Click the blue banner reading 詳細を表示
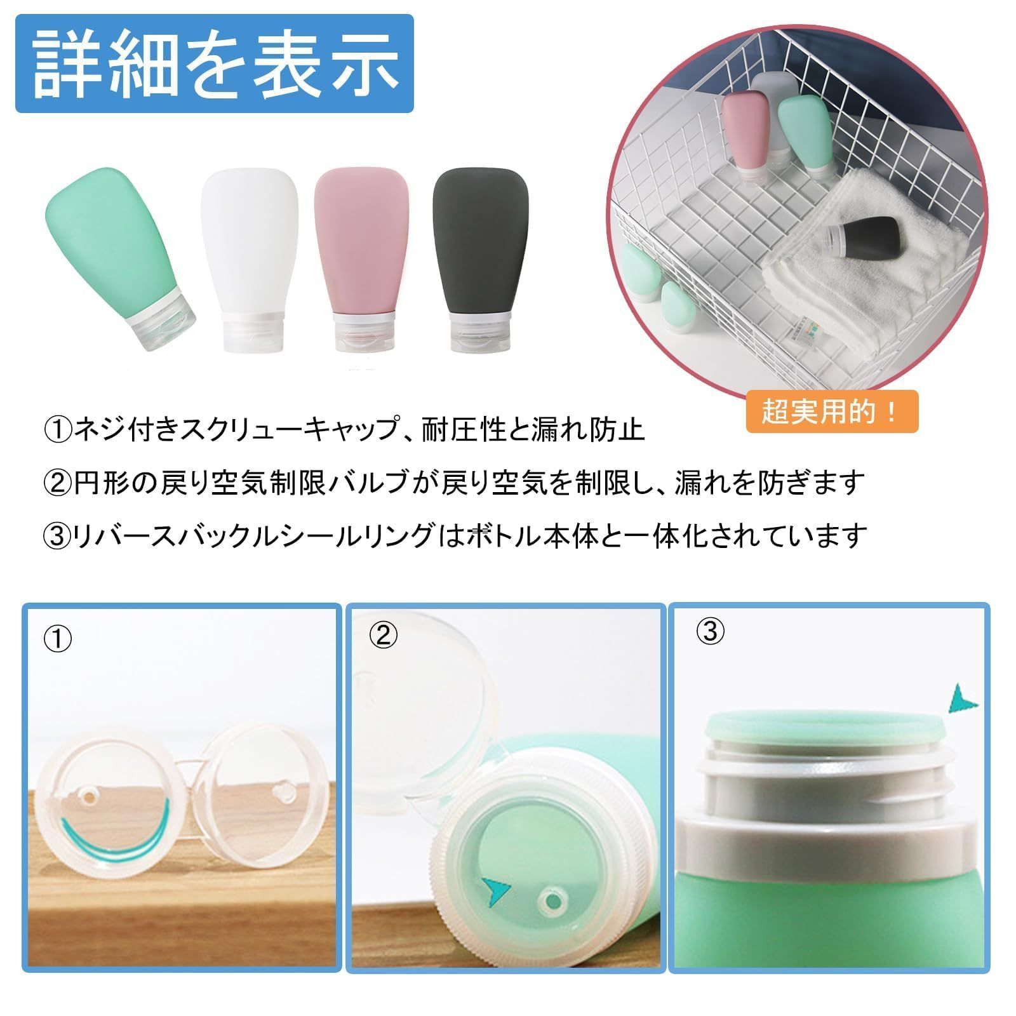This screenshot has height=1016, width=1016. pyautogui.click(x=214, y=63)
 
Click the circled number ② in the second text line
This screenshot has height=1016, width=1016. pyautogui.click(x=58, y=484)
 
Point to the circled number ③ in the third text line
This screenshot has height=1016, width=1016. pyautogui.click(x=58, y=537)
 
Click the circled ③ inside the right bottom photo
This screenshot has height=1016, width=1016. pyautogui.click(x=709, y=631)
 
